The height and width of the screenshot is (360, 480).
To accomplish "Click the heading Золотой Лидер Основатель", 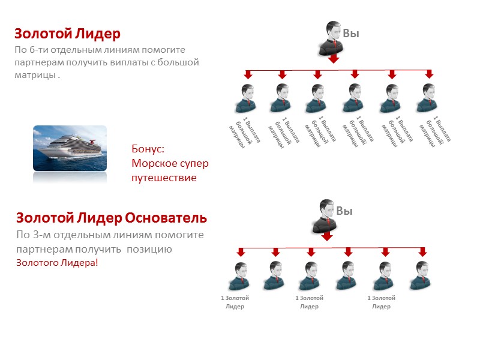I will point(112,217).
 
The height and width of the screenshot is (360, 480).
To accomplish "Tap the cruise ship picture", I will point(70,148).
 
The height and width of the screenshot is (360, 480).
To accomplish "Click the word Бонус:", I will point(147,149).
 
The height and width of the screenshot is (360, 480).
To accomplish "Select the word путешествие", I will point(164,178).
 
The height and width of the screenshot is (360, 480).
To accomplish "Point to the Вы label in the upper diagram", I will point(351,34).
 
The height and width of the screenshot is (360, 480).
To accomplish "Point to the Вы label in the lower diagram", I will point(344,211).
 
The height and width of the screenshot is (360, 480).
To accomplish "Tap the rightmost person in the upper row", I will point(428,98).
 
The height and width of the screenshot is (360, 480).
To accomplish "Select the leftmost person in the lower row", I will point(239,276).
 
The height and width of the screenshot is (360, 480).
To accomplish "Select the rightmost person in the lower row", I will point(421,276).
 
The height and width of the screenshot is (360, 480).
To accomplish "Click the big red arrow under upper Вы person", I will point(334,59).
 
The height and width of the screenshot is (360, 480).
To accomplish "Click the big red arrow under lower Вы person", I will point(326,236).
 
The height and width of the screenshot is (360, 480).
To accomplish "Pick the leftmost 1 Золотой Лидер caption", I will point(235,302).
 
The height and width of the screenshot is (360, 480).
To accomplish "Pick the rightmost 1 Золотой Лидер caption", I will point(381,302).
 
